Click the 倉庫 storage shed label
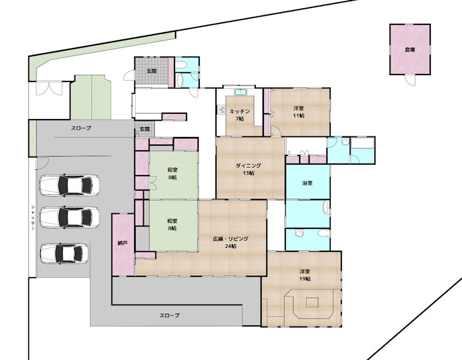click(410, 50)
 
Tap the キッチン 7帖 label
click(240, 115)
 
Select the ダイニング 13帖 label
click(248, 169)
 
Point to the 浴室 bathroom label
click(307, 183)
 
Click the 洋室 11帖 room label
click(299, 112)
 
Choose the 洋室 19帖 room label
click(305, 275)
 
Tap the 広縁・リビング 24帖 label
click(230, 242)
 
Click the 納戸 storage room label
click(122, 243)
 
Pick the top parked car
click(69, 185)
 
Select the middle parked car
click(69, 217)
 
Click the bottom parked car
click(65, 253)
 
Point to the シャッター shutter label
click(33, 218)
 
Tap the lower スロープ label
click(169, 315)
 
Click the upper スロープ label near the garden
click(81, 128)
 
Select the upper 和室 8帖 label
click(173, 174)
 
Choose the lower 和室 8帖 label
click(173, 224)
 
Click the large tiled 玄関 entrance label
click(151, 71)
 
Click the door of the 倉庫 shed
click(410, 80)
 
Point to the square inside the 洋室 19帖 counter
click(312, 303)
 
